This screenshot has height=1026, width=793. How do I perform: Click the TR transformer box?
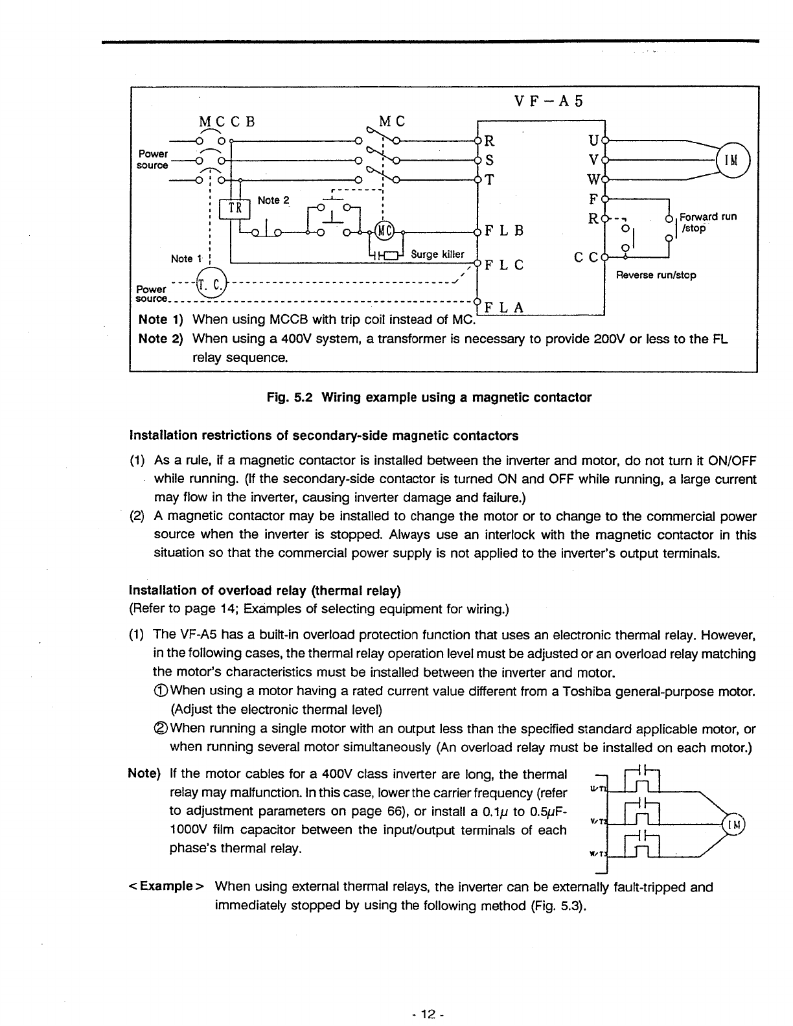coord(234,210)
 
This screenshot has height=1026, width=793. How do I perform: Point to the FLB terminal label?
coord(503,231)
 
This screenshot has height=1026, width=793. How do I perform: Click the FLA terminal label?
coord(503,308)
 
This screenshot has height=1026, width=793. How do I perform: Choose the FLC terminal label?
coord(503,265)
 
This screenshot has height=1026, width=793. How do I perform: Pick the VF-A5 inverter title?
coord(548,102)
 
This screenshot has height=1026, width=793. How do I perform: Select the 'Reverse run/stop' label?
coord(656,275)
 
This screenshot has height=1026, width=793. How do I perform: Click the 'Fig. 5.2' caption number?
coord(281,398)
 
